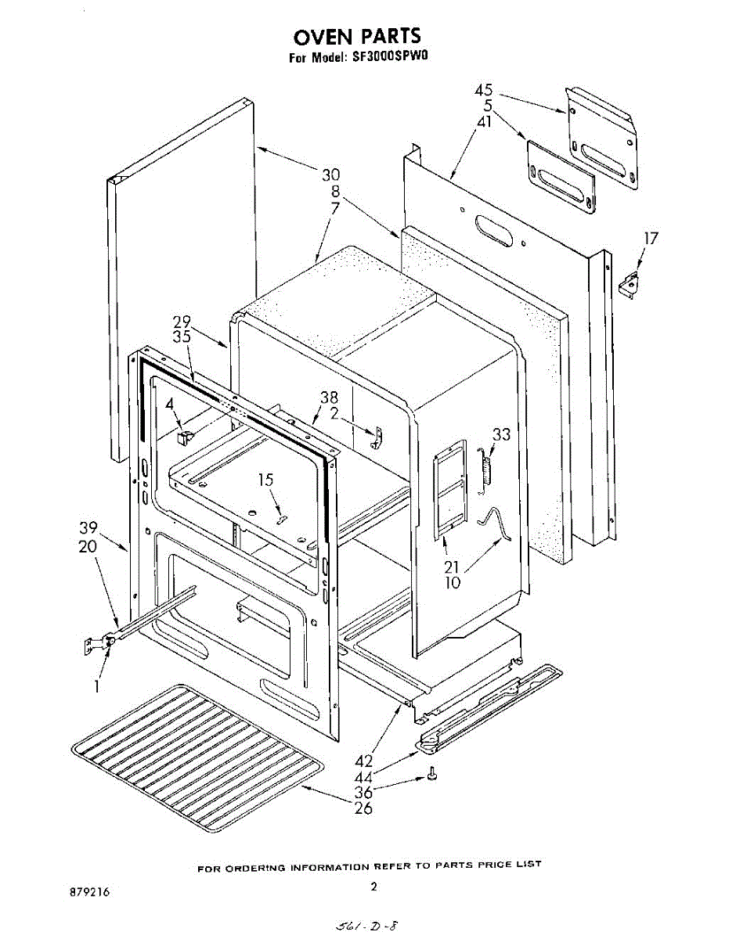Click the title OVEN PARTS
pyautogui.click(x=357, y=36)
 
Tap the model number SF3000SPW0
pyautogui.click(x=392, y=57)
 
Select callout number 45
pyautogui.click(x=484, y=90)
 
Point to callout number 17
pyautogui.click(x=650, y=239)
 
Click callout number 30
pyautogui.click(x=330, y=175)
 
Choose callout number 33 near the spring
pyautogui.click(x=501, y=434)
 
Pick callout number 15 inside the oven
pyautogui.click(x=268, y=480)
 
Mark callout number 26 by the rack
pyautogui.click(x=363, y=808)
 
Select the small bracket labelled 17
pyautogui.click(x=628, y=286)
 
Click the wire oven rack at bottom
pyautogui.click(x=196, y=739)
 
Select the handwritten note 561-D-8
pyautogui.click(x=368, y=926)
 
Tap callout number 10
pyautogui.click(x=453, y=582)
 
